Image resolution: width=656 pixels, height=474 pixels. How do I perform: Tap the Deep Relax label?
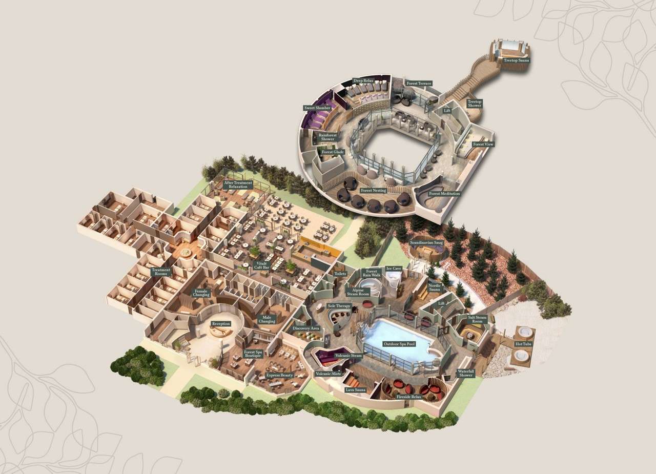[363, 81]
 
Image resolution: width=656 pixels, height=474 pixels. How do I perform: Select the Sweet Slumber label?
[317, 108]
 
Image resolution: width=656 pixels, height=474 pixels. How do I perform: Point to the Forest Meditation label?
[444, 194]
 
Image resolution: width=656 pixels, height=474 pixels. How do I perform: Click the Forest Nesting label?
[373, 191]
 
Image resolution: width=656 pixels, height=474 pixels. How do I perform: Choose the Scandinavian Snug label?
[426, 242]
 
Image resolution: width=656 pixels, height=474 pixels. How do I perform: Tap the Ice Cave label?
[394, 268]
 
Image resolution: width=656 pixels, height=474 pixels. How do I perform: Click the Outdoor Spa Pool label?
[398, 344]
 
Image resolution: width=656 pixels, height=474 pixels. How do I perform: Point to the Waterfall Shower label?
[465, 373]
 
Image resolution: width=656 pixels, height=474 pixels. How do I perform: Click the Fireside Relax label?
[408, 397]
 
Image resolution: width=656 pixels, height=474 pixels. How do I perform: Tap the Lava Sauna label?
[356, 390]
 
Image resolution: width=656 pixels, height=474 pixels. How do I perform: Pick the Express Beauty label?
[280, 375]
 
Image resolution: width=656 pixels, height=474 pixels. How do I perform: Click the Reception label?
[221, 324]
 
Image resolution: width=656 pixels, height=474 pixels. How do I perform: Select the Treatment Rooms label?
[160, 272]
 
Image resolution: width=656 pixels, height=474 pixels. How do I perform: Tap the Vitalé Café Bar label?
[262, 265]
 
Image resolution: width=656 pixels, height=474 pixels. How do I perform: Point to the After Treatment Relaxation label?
[238, 184]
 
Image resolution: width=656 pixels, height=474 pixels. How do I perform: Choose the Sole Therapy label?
[339, 306]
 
